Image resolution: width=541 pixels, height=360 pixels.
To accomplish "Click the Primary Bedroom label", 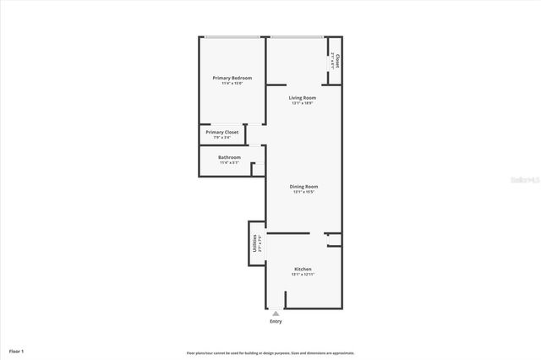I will pos(232,78).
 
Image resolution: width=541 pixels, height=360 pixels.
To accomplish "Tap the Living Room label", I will pos(303,98).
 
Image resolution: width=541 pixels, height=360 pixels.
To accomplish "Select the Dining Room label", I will pos(304,186).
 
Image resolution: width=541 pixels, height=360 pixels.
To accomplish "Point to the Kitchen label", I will pos(303,269).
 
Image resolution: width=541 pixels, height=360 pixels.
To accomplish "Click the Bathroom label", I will pos(230,157).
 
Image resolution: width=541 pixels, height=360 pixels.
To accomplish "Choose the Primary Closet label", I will pos(222,132).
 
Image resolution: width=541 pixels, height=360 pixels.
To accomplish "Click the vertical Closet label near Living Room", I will pos(337,61).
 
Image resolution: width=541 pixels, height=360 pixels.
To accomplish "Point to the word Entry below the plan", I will pos(276,321).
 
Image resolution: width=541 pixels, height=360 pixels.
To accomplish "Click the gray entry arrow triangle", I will pos(276,313).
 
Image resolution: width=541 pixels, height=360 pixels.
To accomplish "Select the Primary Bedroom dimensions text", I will pos(232,84).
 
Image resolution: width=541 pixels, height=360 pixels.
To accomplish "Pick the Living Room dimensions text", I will pos(303,104).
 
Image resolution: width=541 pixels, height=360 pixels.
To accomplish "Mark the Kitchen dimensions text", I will pos(303,275).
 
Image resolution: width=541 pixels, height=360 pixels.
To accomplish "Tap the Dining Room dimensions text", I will pos(304,192).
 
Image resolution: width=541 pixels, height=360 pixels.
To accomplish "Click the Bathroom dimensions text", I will pos(230,163).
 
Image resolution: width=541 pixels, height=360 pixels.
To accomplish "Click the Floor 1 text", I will pos(17,351).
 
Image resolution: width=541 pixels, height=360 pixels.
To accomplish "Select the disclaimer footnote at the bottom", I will pos(270,353).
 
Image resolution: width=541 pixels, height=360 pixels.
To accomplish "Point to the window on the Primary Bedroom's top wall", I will pos(232,37).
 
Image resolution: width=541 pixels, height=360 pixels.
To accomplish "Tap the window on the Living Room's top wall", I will pos(296,37).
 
